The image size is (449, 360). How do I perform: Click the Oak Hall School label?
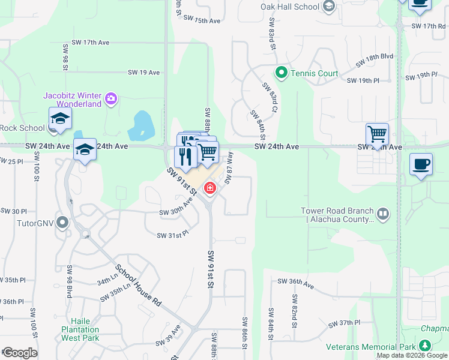pyautogui.click(x=290, y=7)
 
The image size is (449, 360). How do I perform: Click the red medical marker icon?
pyautogui.click(x=209, y=188)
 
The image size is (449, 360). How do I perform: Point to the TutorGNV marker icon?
pyautogui.click(x=62, y=222)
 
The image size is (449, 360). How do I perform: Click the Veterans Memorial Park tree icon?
pyautogui.click(x=425, y=346)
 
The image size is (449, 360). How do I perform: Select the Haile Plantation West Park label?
pyautogui.click(x=80, y=329)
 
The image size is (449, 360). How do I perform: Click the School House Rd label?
pyautogui.click(x=139, y=286)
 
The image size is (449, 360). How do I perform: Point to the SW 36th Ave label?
pyautogui.click(x=295, y=281)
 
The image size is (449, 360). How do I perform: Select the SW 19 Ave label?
pyautogui.click(x=144, y=72)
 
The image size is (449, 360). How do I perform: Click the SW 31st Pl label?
pyautogui.click(x=173, y=235)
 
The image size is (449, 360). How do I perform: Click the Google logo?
pyautogui.click(x=19, y=353)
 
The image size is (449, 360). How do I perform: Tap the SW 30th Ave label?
pyautogui.click(x=176, y=208)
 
